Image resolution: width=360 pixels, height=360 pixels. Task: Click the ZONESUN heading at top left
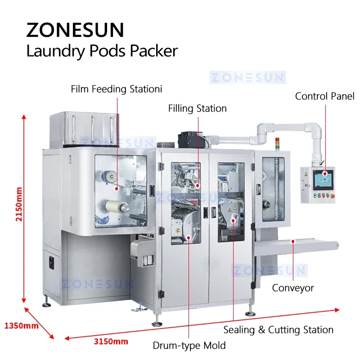[x=75, y=30]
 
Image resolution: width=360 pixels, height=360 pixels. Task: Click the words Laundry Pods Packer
[x=102, y=51]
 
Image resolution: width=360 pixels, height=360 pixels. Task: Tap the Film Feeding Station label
[x=116, y=89]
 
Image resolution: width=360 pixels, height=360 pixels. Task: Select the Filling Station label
[x=197, y=108]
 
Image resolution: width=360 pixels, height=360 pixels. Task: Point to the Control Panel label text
[x=324, y=96]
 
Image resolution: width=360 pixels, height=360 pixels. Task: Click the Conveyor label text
[x=292, y=288]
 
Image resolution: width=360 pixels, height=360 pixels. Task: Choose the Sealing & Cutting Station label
[x=278, y=330]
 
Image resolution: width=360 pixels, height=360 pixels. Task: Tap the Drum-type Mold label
[x=189, y=346]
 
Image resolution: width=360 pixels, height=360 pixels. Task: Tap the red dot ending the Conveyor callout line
[x=292, y=241]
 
